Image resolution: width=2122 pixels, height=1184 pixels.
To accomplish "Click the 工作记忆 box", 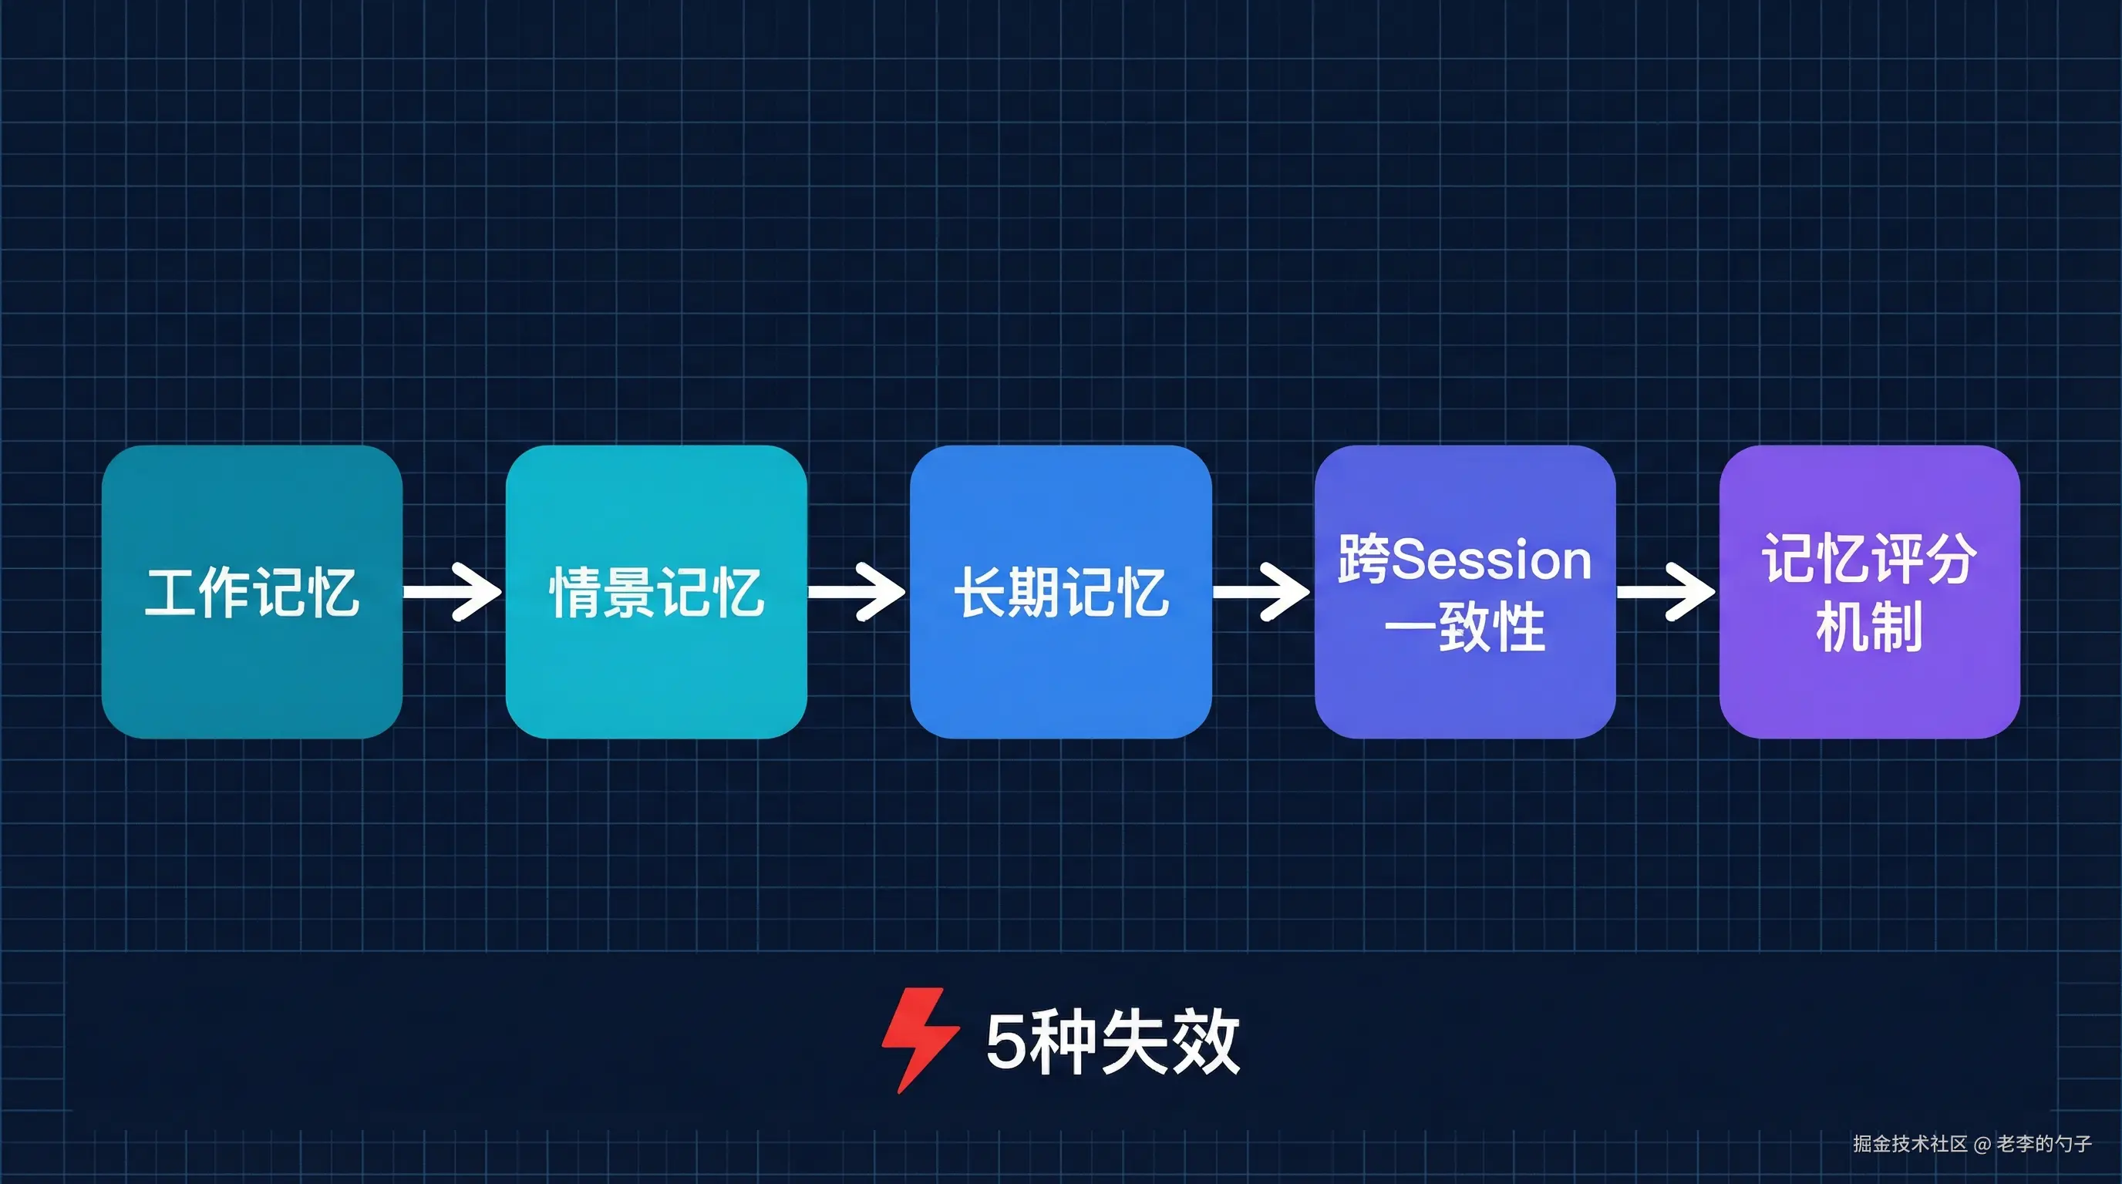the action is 251,591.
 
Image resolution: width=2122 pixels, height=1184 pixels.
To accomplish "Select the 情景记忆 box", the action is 655,591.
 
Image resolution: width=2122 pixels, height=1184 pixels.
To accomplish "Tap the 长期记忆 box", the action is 1060,591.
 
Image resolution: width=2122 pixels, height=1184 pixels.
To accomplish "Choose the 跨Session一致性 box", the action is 1464,591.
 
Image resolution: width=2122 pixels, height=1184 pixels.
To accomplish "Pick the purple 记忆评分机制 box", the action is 1869,591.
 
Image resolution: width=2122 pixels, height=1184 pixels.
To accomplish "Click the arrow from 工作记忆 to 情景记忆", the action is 453,591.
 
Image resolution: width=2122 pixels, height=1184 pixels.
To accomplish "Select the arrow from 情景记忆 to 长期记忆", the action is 857,591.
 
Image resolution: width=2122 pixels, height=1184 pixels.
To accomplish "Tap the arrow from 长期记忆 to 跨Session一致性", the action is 1262,591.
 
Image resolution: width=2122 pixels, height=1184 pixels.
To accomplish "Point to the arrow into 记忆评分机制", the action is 1666,591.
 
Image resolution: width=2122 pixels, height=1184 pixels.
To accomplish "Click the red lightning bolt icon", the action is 918,1039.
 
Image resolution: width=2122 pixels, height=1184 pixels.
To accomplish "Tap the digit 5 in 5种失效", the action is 1005,1042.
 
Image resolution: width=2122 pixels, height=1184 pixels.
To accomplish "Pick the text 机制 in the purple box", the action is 1869,627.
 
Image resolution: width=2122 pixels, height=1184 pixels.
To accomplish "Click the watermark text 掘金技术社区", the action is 1910,1144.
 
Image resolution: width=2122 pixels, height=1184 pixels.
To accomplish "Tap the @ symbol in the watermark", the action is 1982,1145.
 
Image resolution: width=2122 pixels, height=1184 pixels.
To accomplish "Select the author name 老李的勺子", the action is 2044,1144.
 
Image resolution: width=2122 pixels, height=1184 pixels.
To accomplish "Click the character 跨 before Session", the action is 1363,559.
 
